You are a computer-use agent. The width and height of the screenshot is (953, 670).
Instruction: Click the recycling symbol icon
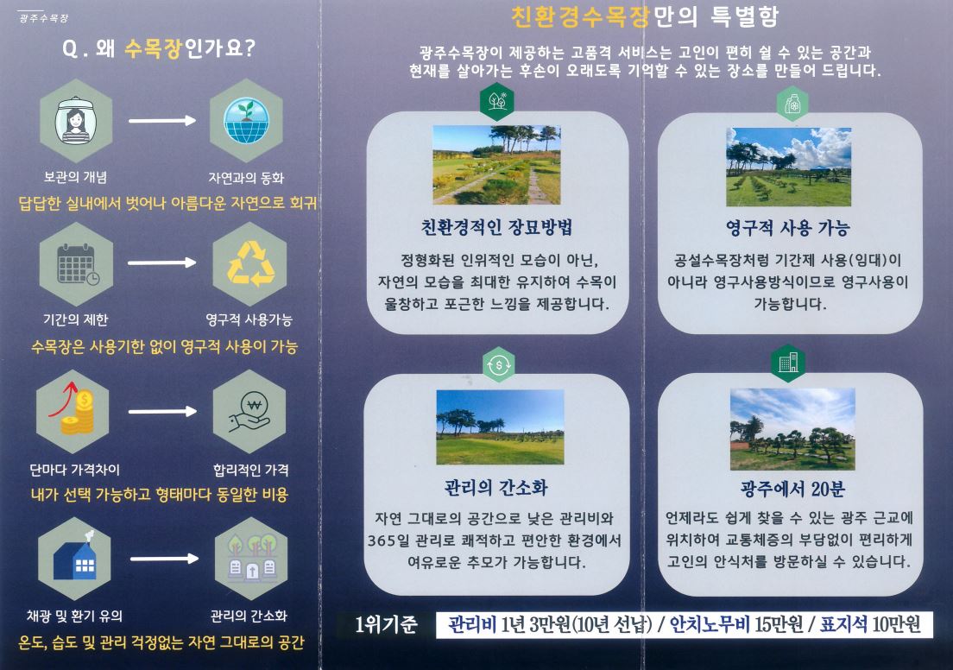250,263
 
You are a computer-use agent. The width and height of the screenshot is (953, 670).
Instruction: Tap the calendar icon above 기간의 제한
78,264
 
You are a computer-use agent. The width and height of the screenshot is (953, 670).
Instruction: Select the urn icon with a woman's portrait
75,120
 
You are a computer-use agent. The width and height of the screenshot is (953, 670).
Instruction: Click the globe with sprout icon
246,120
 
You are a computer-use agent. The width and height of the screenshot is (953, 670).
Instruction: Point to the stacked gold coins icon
73,411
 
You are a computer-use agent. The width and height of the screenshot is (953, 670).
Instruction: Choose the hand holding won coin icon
249,412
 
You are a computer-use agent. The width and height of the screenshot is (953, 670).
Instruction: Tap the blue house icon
75,558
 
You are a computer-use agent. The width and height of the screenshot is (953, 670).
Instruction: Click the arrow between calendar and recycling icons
161,262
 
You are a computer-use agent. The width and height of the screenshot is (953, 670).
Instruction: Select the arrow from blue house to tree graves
164,558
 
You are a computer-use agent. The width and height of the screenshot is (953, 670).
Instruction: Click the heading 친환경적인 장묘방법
496,227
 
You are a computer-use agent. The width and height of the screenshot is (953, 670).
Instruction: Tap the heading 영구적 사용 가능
787,227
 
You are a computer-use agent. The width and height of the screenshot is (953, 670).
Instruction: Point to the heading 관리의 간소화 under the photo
496,488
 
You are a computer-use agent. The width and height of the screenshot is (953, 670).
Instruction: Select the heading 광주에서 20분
792,488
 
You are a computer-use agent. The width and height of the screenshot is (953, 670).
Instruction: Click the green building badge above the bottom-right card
788,363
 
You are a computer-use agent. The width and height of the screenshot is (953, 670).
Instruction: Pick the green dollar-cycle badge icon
498,365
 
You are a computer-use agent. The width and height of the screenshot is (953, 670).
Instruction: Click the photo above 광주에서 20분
792,428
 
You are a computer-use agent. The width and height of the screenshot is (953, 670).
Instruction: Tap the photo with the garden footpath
496,164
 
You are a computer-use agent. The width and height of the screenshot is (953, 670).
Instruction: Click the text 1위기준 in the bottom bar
386,624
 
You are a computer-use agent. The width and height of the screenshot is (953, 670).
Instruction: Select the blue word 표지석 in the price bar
843,624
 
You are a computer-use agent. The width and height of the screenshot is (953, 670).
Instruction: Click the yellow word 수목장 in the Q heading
153,48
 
